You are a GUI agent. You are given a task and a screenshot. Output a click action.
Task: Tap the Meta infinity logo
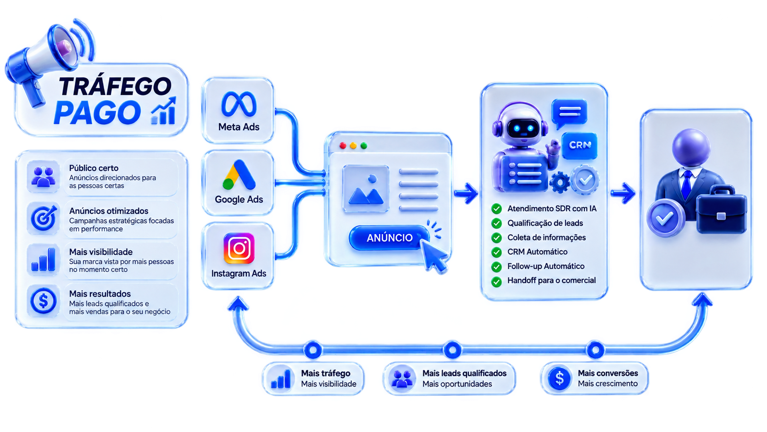[x=239, y=104]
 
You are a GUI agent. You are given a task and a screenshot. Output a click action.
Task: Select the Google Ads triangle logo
[x=239, y=175]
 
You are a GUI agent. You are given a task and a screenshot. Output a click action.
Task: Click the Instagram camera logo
[x=239, y=248]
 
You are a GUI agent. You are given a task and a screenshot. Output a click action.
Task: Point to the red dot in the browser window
[x=343, y=146]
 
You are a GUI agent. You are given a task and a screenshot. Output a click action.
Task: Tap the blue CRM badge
[x=580, y=146]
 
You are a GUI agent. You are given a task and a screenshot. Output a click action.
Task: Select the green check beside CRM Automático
[x=496, y=252]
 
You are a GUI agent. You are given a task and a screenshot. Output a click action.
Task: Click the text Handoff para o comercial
[x=551, y=281]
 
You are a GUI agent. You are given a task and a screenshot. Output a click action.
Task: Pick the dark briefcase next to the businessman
[x=722, y=210]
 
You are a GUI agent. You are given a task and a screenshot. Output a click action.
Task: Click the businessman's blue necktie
[x=687, y=185]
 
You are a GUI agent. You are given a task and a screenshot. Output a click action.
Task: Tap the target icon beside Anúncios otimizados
[x=44, y=218]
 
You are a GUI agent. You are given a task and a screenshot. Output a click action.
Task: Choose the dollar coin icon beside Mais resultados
[x=44, y=301]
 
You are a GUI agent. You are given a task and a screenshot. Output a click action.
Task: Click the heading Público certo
[x=94, y=168]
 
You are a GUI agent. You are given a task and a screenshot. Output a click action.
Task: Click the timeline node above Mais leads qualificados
[x=452, y=350]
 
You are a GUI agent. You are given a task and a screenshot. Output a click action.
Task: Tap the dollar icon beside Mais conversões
[x=559, y=379]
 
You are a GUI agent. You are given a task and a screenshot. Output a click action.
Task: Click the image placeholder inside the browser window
[x=366, y=188]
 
